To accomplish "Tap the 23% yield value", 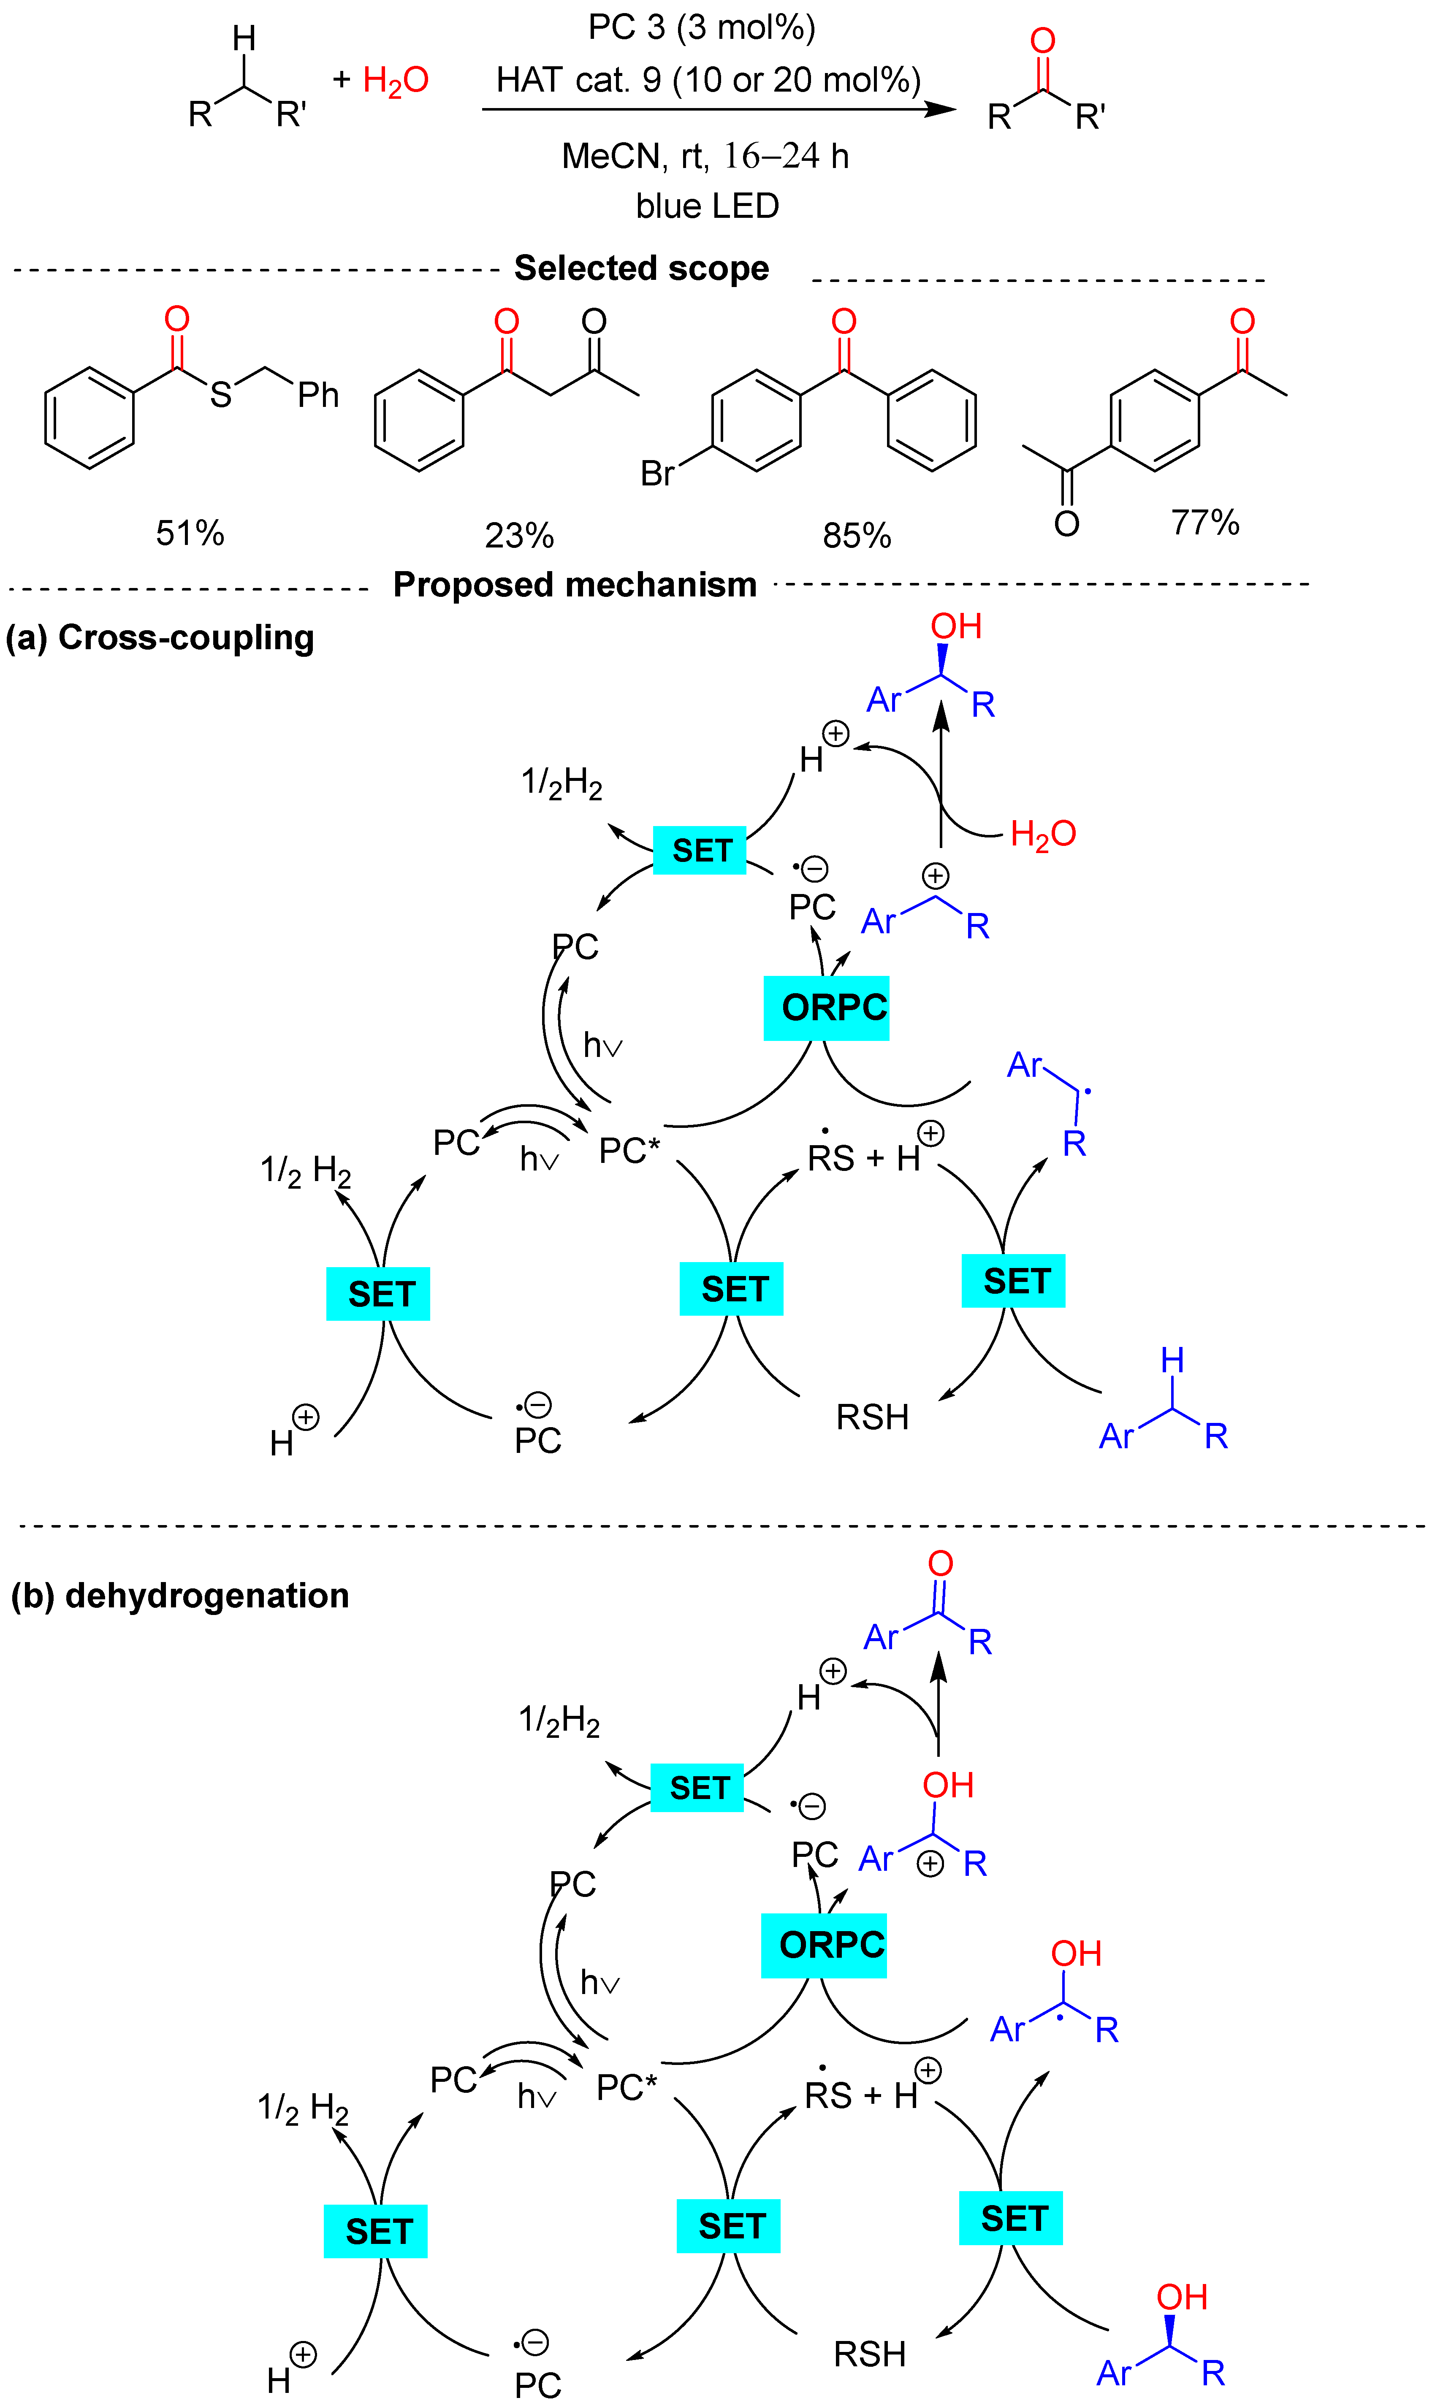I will pyautogui.click(x=519, y=536).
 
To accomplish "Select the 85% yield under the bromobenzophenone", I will pyautogui.click(x=857, y=536).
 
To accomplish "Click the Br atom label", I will pyautogui.click(x=657, y=474).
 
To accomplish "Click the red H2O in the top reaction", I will pyautogui.click(x=396, y=80).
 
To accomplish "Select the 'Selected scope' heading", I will pyautogui.click(x=641, y=268).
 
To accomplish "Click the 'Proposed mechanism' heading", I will pyautogui.click(x=575, y=585).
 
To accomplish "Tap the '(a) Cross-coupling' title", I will pyautogui.click(x=160, y=638).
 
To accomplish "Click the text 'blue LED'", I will pyautogui.click(x=707, y=206).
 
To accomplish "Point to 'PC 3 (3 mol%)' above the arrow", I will pyautogui.click(x=702, y=27).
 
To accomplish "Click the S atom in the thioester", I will pyautogui.click(x=222, y=394).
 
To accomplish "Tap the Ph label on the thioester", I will pyautogui.click(x=318, y=394).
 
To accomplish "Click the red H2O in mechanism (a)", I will pyautogui.click(x=1042, y=833).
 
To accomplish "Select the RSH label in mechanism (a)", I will pyautogui.click(x=872, y=1417).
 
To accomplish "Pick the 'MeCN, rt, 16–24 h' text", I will pyautogui.click(x=705, y=156).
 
